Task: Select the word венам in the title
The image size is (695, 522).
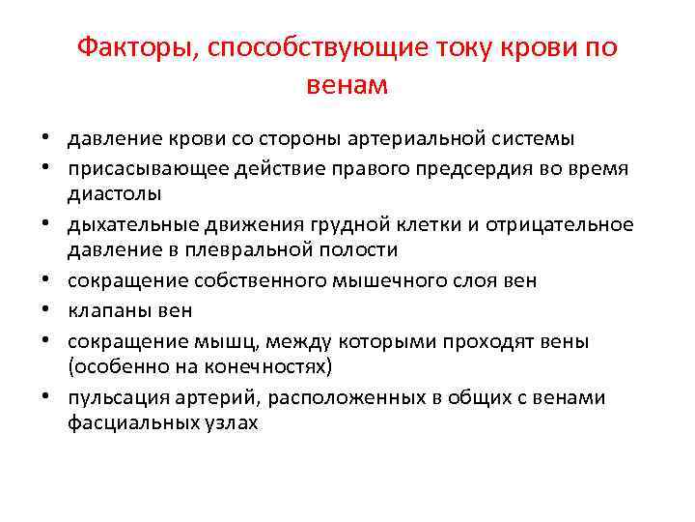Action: point(347,86)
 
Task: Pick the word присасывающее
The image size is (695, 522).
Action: point(136,169)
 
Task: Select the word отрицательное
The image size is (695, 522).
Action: point(572,225)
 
